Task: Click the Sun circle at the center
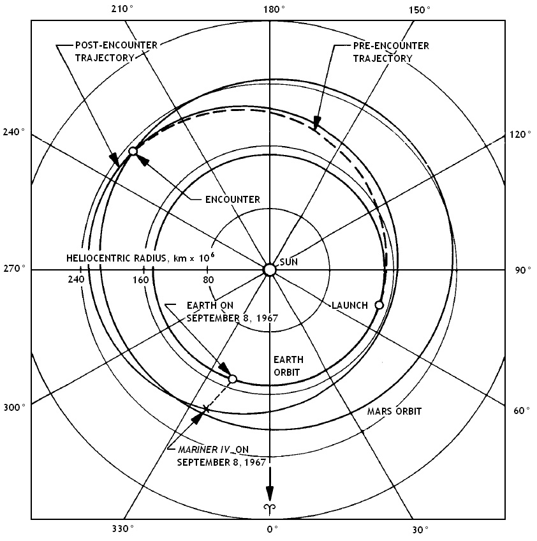pos(269,270)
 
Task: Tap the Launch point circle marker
pos(379,305)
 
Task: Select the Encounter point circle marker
pos(133,151)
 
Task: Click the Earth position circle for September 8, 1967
pos(232,379)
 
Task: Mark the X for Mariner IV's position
pos(205,408)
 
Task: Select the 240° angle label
pos(14,132)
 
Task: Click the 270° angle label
pos(14,270)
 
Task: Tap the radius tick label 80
pos(208,279)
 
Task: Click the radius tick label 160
pos(141,279)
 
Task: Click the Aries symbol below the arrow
pos(270,508)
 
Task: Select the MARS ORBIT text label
pos(394,411)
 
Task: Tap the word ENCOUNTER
pos(232,199)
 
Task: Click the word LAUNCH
pos(349,305)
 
